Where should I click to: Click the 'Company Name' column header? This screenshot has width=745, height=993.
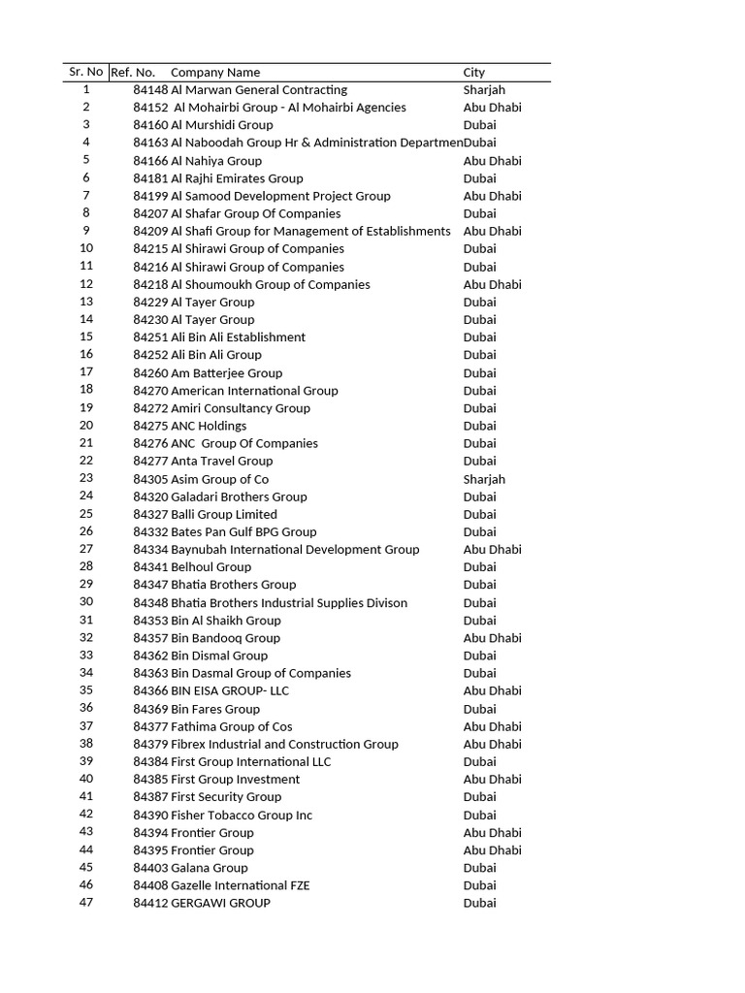(215, 73)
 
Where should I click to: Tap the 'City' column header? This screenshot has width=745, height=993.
(474, 73)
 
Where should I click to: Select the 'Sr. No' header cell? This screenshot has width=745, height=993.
(86, 72)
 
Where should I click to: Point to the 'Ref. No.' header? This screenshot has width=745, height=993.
(133, 73)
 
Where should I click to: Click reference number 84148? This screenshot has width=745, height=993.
(150, 90)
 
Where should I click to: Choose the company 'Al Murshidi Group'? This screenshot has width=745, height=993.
(222, 125)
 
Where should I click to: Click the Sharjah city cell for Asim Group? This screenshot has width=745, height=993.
(484, 479)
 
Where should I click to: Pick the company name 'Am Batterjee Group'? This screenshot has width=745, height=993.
(227, 373)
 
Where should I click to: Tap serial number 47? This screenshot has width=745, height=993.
(86, 903)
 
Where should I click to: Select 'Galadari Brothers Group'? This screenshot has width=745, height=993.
(239, 496)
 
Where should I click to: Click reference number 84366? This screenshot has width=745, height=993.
(150, 691)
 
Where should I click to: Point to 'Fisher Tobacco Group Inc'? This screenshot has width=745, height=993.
(242, 816)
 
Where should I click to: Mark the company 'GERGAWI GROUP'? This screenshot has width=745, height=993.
(220, 904)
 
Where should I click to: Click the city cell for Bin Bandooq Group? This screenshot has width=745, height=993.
(492, 638)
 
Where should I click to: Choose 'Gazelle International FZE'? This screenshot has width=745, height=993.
(241, 885)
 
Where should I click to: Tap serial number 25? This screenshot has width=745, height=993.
(86, 514)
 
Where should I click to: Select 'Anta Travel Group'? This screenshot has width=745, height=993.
(222, 462)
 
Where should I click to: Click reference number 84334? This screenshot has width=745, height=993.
(150, 550)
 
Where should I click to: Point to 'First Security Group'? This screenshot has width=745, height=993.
(226, 797)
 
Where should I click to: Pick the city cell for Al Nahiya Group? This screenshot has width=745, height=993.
(492, 161)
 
